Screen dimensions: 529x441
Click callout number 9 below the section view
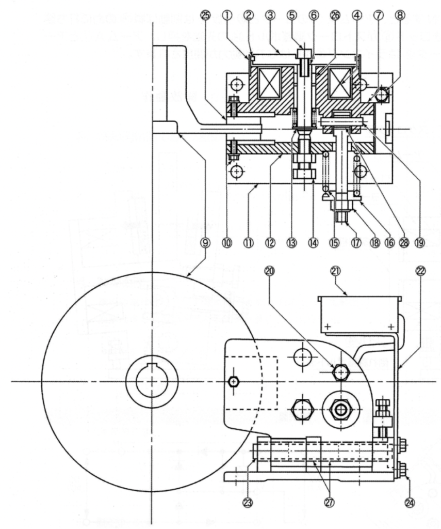206,242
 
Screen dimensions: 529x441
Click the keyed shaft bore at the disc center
152,381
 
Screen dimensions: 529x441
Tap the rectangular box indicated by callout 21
360,314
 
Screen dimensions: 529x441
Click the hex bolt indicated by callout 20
340,371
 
